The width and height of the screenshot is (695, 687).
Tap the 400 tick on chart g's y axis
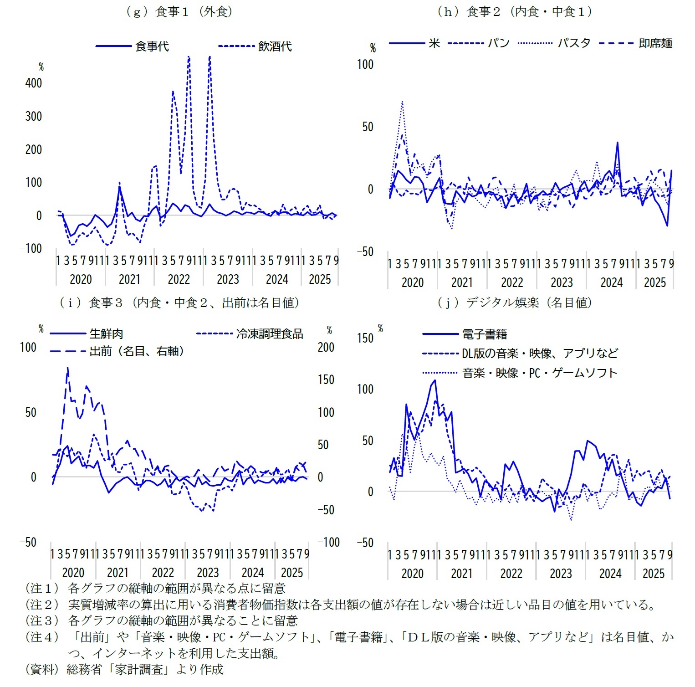pos(33,83)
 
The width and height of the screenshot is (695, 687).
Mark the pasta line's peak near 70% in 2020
pos(402,102)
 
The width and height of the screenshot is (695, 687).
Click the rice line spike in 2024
pos(617,143)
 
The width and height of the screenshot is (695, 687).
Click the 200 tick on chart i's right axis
pos(326,347)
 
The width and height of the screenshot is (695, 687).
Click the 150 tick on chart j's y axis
pos(365,338)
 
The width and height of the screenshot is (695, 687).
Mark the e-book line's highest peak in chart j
pos(435,380)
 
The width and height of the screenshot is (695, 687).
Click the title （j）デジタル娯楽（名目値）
pos(514,302)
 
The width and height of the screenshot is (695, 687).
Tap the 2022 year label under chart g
pos(179,279)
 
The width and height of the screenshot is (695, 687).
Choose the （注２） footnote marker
pos(42,605)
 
